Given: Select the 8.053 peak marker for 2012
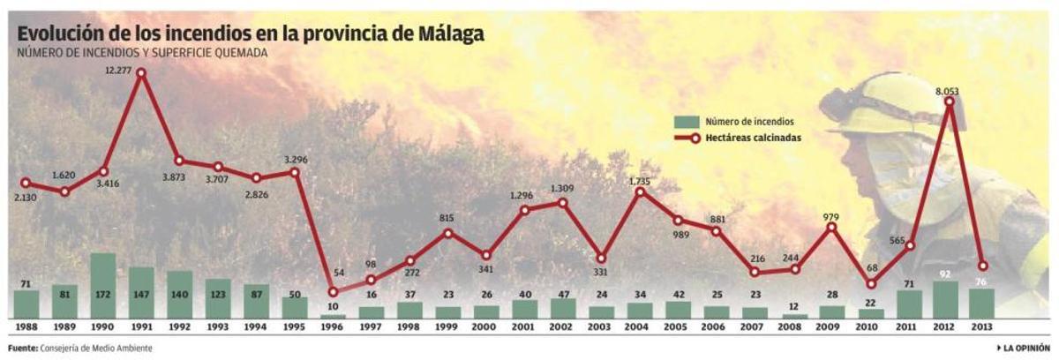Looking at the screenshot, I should click(x=949, y=101).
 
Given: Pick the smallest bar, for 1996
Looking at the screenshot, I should click(x=333, y=315).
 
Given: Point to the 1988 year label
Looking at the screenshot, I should click(x=26, y=327).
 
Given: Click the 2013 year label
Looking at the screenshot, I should click(x=981, y=327).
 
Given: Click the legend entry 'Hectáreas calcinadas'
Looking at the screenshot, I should click(x=753, y=138).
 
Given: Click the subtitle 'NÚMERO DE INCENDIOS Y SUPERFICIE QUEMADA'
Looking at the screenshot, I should click(x=142, y=53).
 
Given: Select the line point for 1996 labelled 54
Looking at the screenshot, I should click(x=333, y=292).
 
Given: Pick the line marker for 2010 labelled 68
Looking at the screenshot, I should click(x=871, y=284).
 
